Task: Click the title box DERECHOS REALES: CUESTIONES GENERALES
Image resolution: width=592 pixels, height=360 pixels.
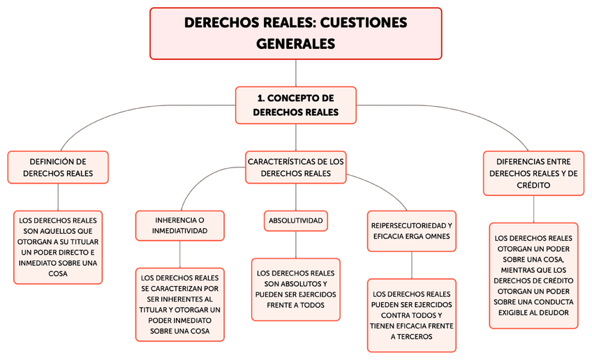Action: (x=296, y=33)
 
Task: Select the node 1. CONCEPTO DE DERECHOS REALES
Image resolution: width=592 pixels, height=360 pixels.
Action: (x=296, y=105)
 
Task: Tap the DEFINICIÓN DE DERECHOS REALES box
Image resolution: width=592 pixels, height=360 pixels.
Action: (x=58, y=167)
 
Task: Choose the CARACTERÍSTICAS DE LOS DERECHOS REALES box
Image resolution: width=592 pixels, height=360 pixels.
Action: (x=296, y=167)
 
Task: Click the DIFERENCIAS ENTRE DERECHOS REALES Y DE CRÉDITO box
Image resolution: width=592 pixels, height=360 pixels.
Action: (x=533, y=173)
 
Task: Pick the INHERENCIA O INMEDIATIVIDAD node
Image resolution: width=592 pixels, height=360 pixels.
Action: (x=180, y=225)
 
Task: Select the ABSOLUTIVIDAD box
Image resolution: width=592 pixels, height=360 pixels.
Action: (x=296, y=221)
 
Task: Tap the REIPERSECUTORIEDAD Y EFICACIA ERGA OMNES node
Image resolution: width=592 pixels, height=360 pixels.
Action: (x=412, y=231)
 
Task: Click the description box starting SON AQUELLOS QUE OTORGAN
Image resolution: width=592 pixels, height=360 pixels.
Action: (x=58, y=247)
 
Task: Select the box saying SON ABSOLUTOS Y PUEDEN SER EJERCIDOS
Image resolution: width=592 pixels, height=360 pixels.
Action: (x=296, y=290)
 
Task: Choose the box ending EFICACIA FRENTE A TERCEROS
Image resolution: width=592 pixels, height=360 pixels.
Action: (x=412, y=315)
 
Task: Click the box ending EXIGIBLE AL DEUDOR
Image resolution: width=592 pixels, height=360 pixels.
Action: (x=533, y=275)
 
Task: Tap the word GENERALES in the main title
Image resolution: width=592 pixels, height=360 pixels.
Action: (x=296, y=44)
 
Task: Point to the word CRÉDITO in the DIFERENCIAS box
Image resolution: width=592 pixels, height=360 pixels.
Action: (x=533, y=186)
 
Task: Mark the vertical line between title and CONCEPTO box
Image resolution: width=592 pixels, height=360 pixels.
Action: (x=296, y=73)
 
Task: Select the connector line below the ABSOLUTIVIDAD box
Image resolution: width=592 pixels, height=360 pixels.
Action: (x=296, y=244)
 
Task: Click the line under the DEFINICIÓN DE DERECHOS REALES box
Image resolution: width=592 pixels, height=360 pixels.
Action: (x=58, y=197)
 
